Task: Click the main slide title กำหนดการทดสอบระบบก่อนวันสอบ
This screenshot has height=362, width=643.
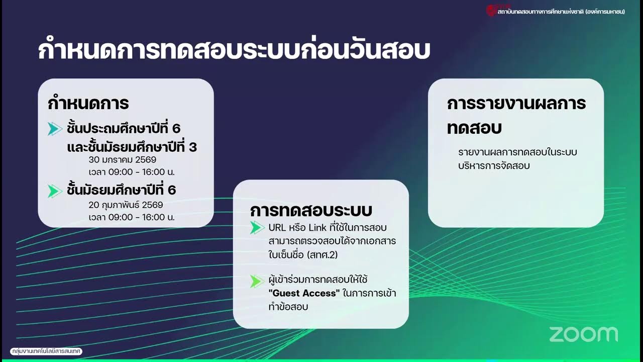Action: click(x=234, y=51)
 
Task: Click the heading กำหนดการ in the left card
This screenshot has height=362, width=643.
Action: click(x=88, y=103)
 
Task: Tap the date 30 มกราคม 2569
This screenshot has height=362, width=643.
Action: click(x=123, y=160)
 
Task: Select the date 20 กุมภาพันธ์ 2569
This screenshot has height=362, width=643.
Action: click(x=126, y=205)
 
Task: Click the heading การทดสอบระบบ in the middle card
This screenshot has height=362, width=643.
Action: click(x=311, y=210)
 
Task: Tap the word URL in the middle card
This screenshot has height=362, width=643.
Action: click(x=277, y=228)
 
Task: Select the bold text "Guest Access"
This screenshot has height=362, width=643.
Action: click(x=304, y=293)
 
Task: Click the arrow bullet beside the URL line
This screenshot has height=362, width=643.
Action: click(x=257, y=228)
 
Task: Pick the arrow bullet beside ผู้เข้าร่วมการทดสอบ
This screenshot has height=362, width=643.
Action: click(x=257, y=281)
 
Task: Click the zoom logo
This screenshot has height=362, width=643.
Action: click(x=583, y=334)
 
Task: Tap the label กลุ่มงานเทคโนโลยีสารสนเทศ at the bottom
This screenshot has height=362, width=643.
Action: click(x=46, y=351)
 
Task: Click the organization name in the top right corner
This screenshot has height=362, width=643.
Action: click(x=561, y=11)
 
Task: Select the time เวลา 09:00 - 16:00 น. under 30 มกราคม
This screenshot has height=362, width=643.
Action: click(x=132, y=172)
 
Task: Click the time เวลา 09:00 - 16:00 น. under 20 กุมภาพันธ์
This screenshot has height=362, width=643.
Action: click(x=132, y=217)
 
